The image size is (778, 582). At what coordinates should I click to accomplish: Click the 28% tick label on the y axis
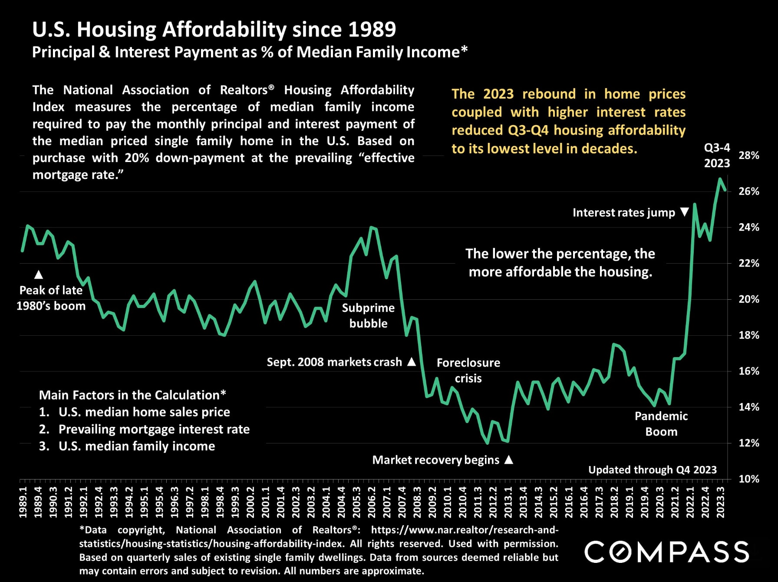749,155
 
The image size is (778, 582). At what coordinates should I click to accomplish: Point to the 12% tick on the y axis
749,443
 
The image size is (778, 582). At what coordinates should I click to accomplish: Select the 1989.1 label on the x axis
23,502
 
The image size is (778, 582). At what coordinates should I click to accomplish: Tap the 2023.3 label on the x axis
721,502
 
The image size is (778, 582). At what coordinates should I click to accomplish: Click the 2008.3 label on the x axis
417,502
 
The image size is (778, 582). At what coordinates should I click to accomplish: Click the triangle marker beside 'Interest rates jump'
685,212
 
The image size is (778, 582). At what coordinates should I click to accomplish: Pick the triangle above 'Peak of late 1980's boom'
39,274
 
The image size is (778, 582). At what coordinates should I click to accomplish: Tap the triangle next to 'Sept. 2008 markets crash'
412,362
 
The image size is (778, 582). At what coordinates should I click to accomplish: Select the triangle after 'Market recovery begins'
509,460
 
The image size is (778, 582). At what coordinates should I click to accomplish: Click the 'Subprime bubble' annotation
368,316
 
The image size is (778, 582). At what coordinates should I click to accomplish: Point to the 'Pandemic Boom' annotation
661,424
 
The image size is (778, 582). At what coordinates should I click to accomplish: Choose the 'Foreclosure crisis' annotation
468,370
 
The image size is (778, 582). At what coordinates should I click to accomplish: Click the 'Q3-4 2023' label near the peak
717,155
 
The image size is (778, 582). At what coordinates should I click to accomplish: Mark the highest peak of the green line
720,179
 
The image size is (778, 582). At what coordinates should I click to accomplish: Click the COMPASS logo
667,552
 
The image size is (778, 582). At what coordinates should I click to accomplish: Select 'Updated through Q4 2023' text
652,470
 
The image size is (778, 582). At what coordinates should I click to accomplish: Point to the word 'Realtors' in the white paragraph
244,90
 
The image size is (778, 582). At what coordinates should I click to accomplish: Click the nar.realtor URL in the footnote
465,530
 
